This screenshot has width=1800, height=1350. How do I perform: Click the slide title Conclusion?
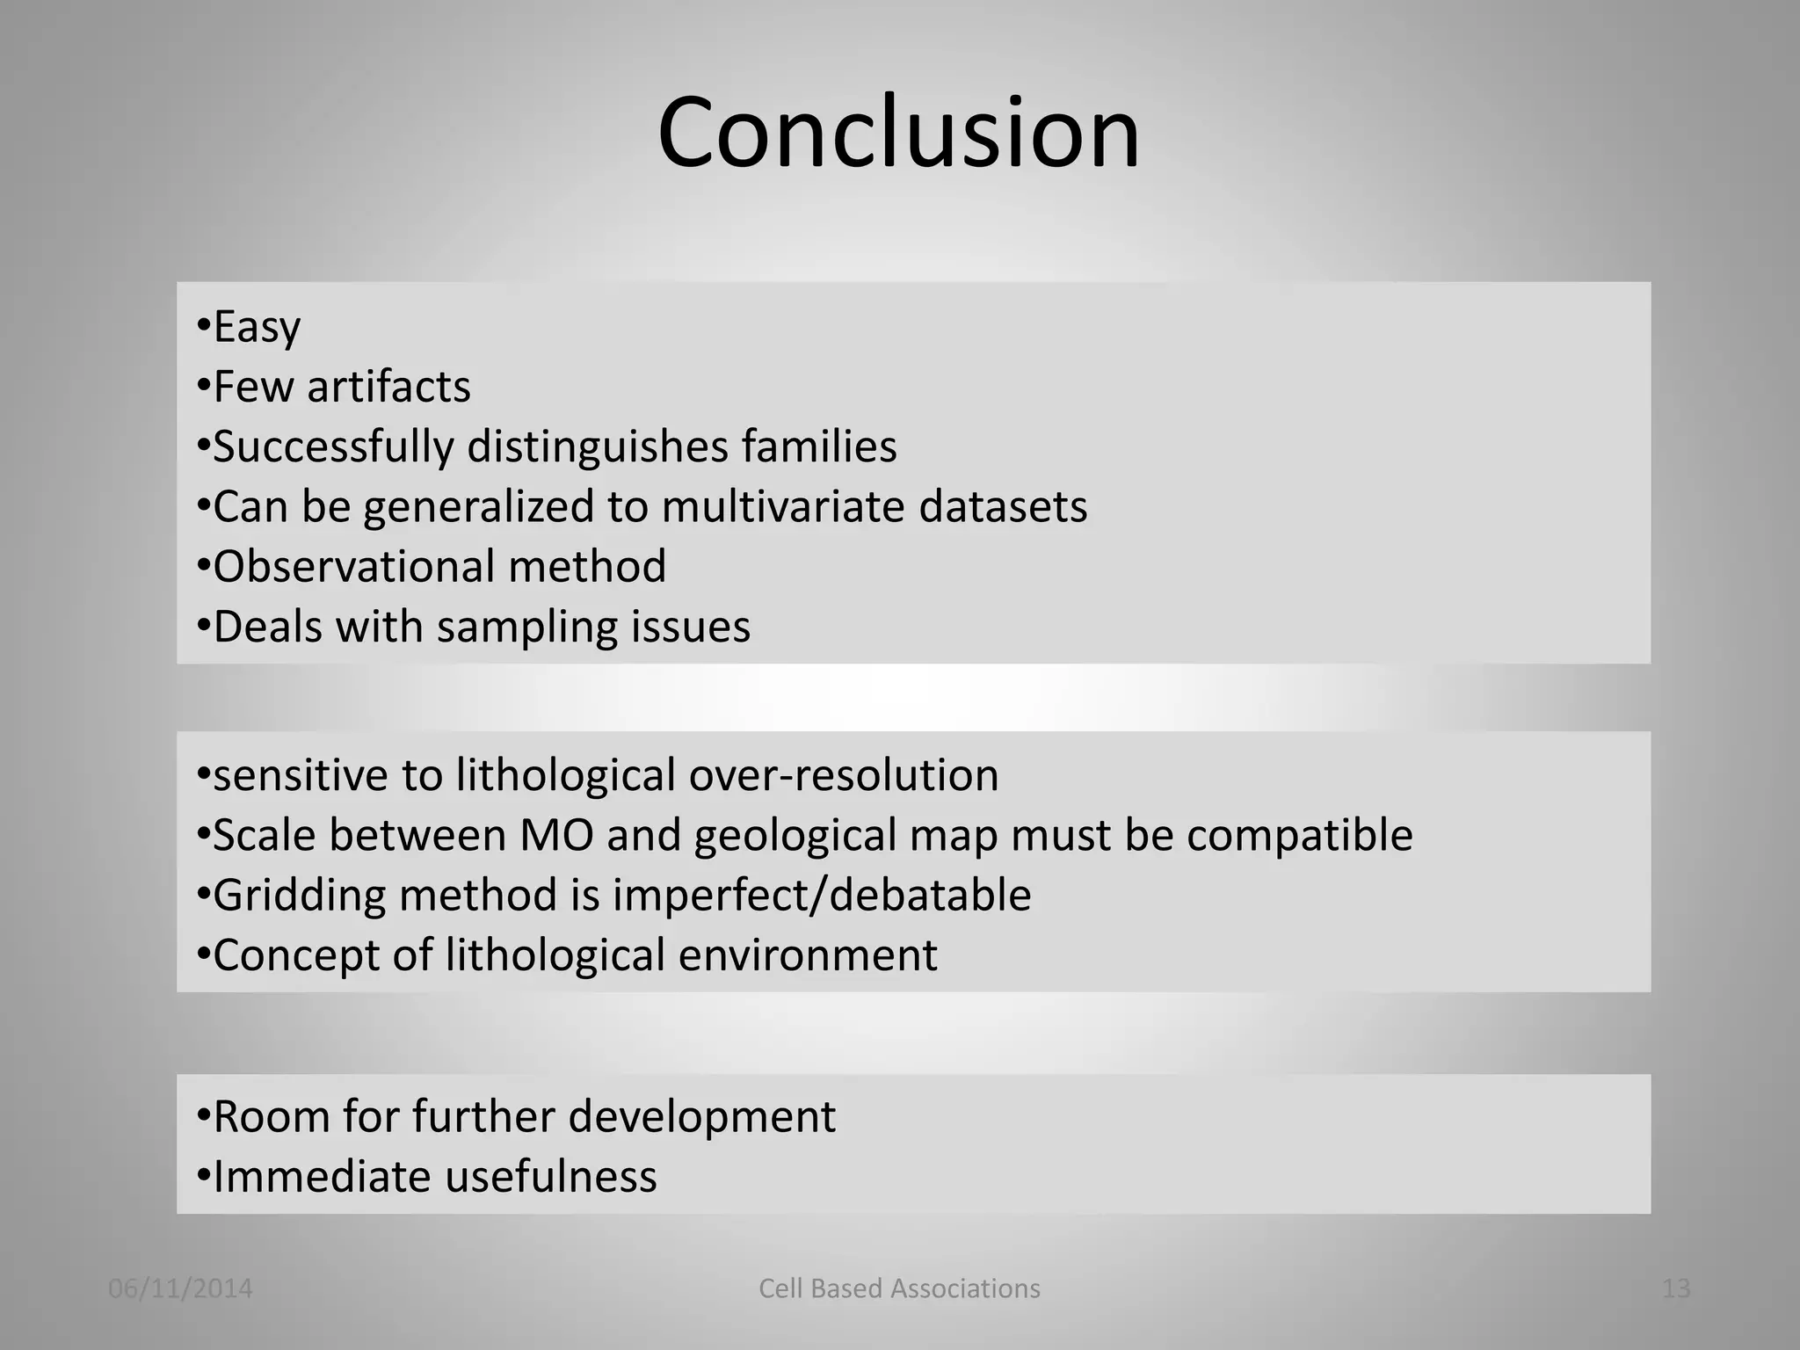pyautogui.click(x=898, y=134)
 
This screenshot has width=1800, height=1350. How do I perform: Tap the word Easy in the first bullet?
pyautogui.click(x=257, y=327)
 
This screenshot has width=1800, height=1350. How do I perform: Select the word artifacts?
pyautogui.click(x=388, y=387)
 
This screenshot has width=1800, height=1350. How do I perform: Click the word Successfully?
pyautogui.click(x=334, y=446)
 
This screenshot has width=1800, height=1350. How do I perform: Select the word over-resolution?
pyautogui.click(x=844, y=775)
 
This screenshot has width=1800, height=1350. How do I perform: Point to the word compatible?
pyautogui.click(x=1299, y=835)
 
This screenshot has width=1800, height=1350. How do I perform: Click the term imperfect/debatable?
pyautogui.click(x=822, y=896)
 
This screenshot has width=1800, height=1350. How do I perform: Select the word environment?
pyautogui.click(x=808, y=955)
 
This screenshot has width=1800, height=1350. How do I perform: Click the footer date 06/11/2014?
pyautogui.click(x=180, y=1288)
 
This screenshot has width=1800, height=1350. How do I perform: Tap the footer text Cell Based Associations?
pyautogui.click(x=899, y=1288)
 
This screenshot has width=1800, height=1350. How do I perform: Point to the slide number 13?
pyautogui.click(x=1676, y=1288)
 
